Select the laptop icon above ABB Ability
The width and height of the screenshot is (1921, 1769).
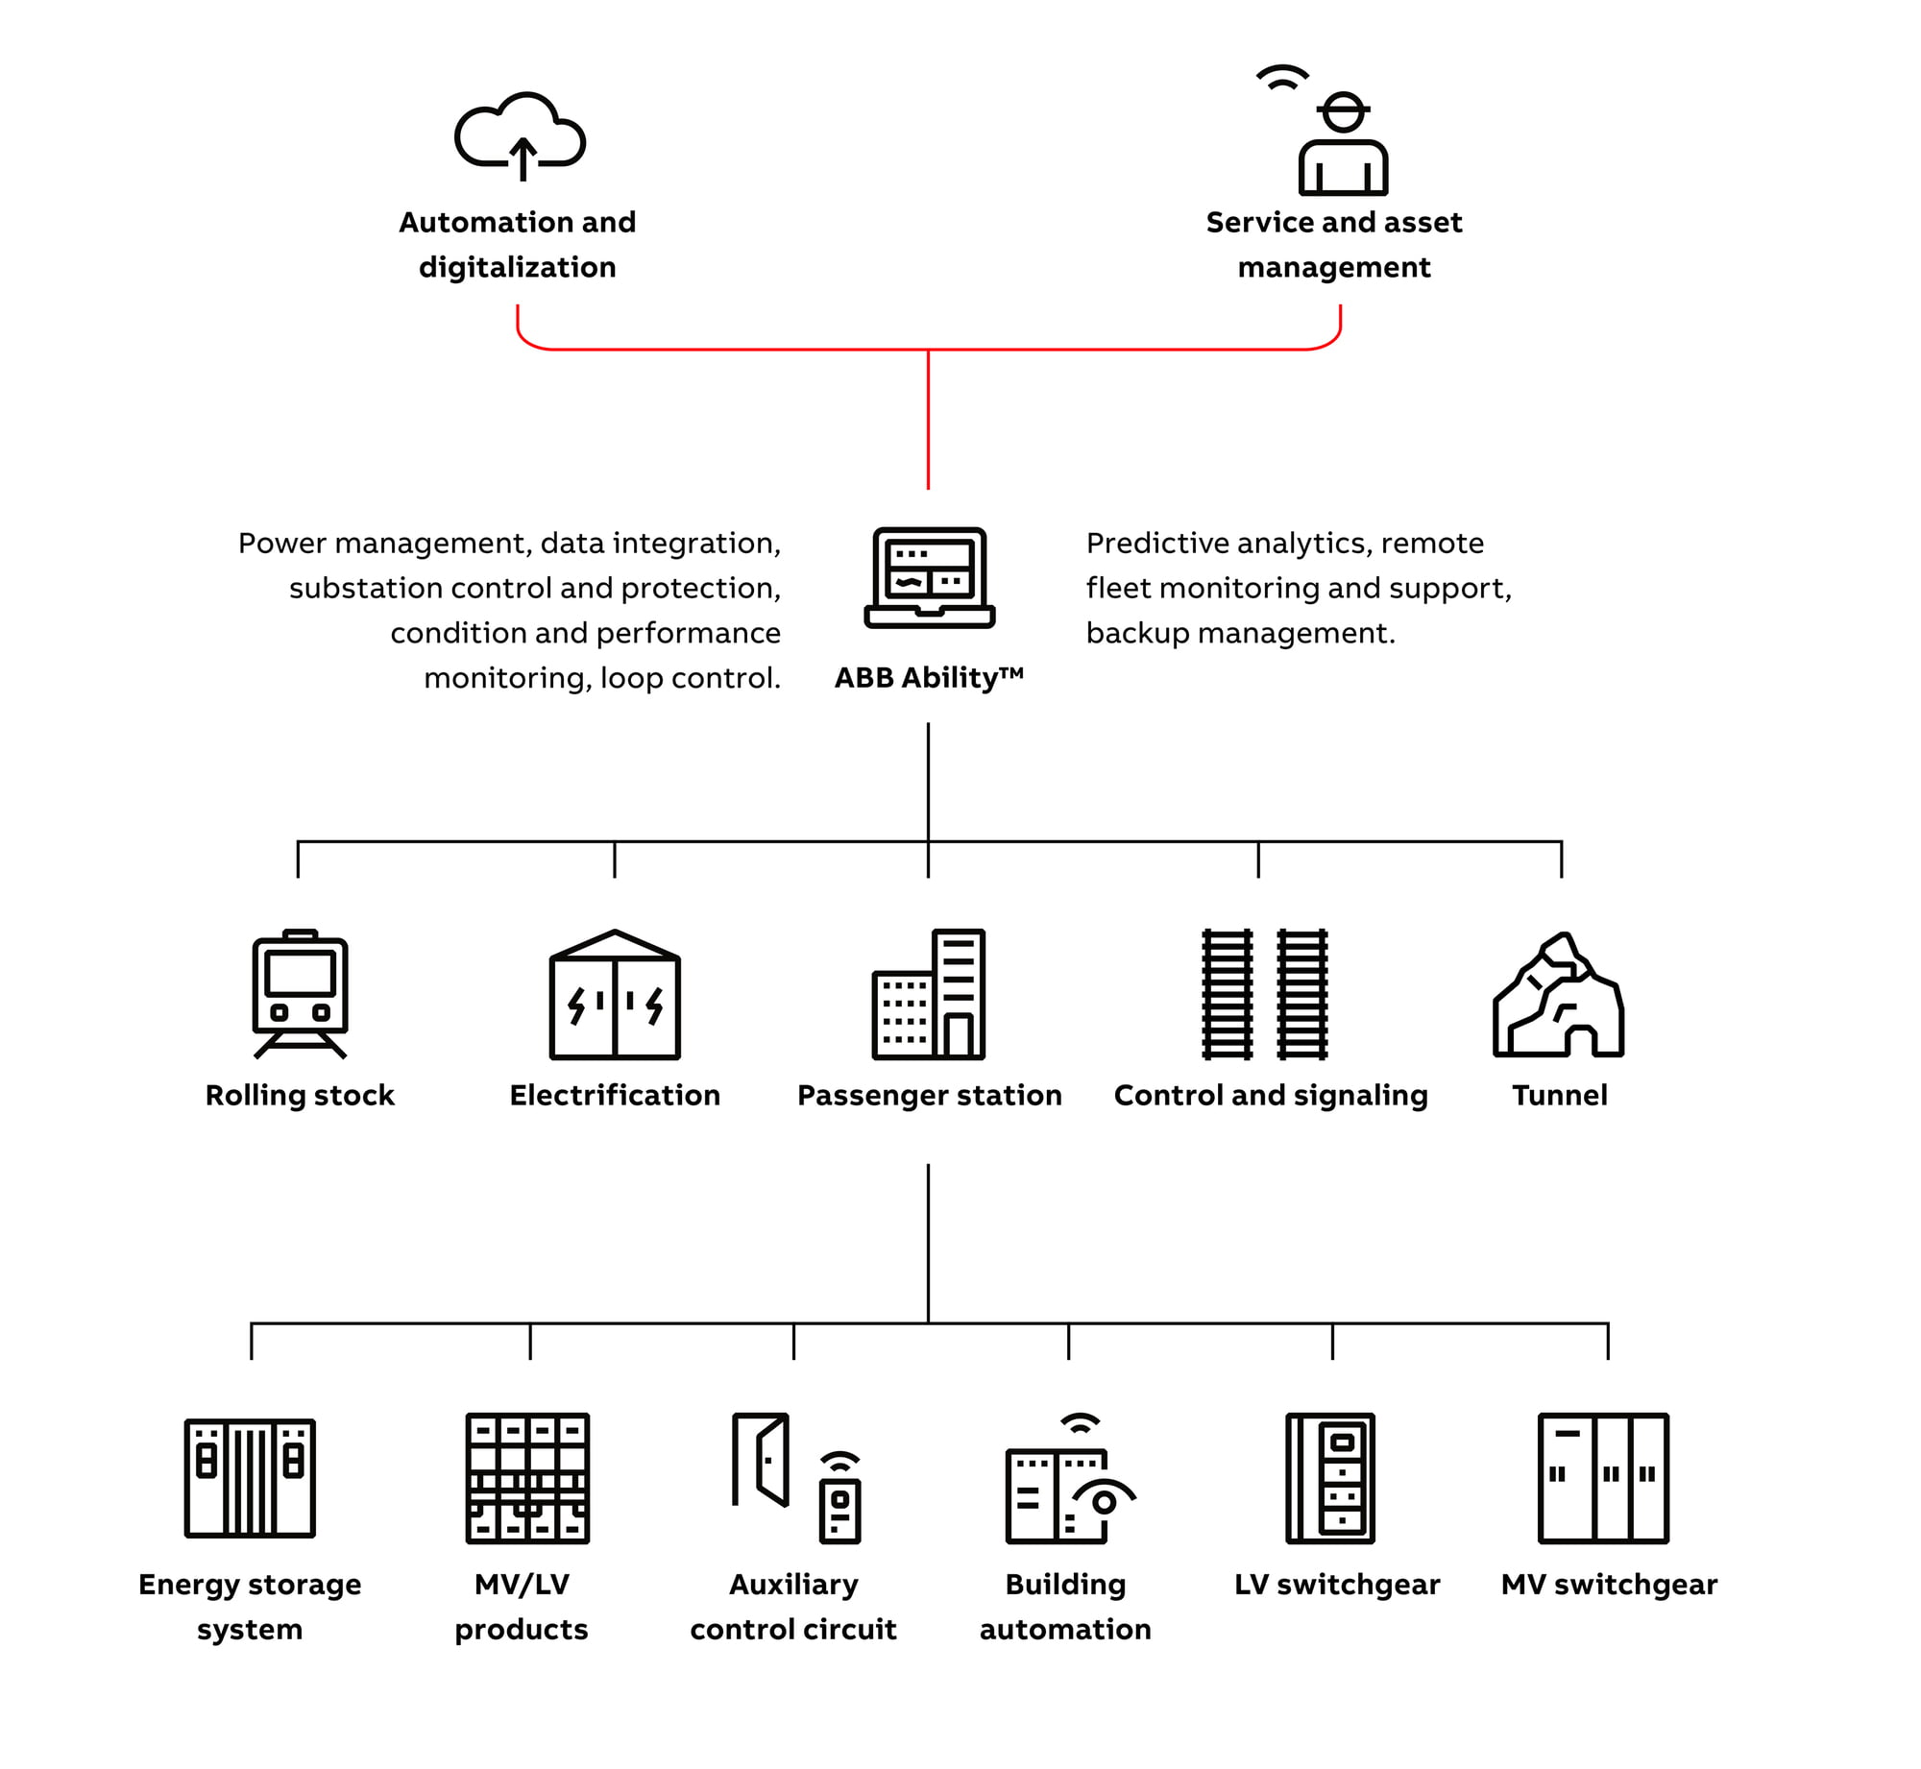click(x=929, y=577)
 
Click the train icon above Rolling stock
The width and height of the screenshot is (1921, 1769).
click(x=300, y=994)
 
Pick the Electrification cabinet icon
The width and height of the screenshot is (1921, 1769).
click(x=615, y=994)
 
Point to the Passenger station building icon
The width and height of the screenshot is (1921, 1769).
click(x=929, y=994)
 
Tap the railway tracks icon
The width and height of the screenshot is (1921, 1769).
click(x=1265, y=994)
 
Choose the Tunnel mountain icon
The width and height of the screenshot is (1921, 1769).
click(x=1558, y=995)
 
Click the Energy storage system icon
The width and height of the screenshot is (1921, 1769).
click(x=250, y=1478)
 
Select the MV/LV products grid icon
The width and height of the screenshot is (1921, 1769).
click(x=527, y=1478)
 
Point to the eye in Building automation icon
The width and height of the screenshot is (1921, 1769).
click(x=1105, y=1499)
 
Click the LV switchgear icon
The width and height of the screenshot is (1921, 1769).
click(x=1330, y=1478)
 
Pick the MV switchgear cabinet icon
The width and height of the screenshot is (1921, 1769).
click(x=1603, y=1478)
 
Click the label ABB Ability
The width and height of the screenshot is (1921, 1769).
click(x=929, y=678)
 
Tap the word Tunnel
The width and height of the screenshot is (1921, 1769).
click(x=1559, y=1095)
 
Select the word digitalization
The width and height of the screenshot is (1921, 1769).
click(x=517, y=267)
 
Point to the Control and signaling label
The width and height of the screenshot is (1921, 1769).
click(x=1271, y=1096)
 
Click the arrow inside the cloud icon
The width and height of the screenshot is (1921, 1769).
click(x=523, y=159)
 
